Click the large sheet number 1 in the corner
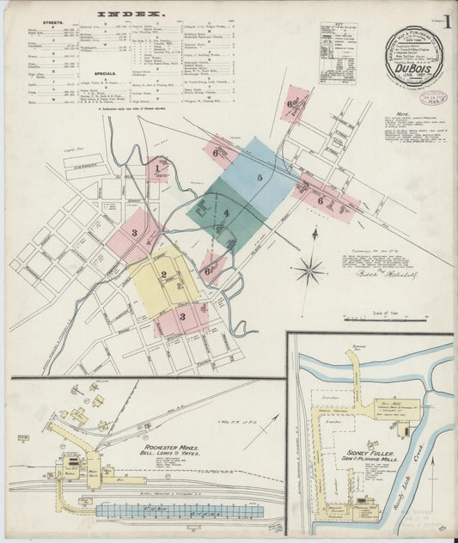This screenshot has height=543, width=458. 448,20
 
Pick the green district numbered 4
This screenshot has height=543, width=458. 225,212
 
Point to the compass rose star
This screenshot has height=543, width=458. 308,271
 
